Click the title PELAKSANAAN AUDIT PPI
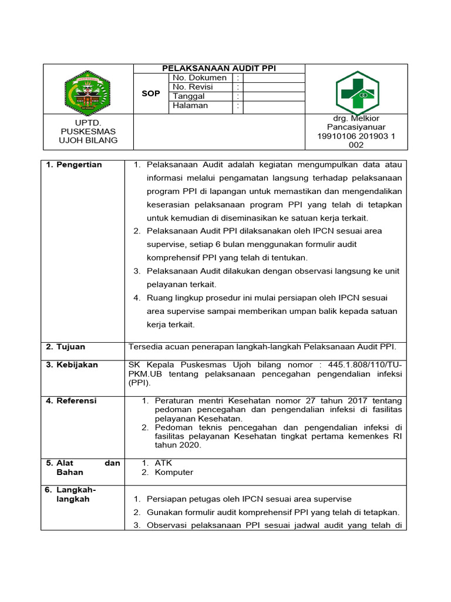219,69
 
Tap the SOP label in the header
151,93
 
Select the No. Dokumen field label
200,78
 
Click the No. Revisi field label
193,87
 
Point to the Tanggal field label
189,96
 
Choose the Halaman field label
190,106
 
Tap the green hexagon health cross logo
357,92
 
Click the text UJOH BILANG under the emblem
89,140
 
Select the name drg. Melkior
356,119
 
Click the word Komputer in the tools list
174,472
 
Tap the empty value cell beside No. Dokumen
273,78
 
